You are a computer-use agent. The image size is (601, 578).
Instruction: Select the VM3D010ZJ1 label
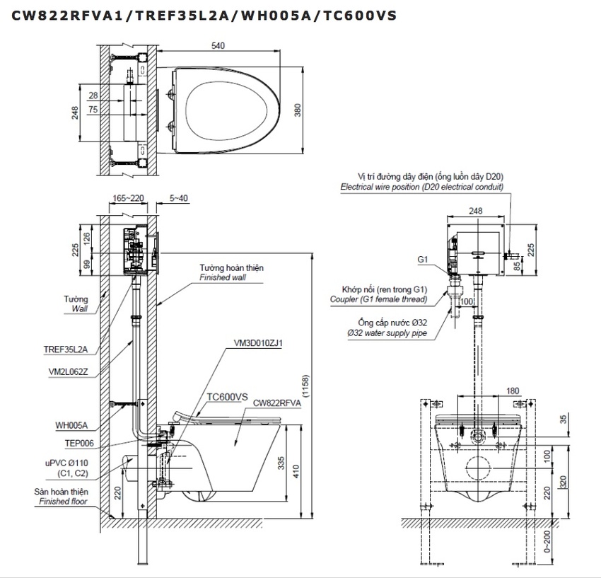point(258,343)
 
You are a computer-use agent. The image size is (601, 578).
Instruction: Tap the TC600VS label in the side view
point(227,398)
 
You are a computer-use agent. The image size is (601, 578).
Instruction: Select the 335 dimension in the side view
point(282,463)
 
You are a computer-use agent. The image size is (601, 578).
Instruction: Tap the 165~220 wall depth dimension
point(127,199)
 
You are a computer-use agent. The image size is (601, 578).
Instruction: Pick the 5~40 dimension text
point(179,199)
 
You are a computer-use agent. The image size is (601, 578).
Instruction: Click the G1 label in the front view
point(422,260)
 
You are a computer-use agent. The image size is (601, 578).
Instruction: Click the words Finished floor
point(63,502)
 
